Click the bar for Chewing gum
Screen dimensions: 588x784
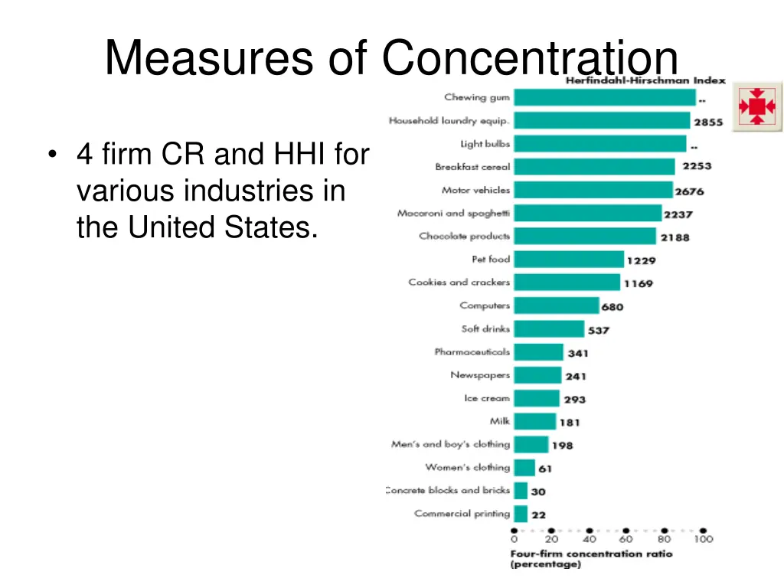pos(604,97)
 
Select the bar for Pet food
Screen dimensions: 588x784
pos(568,260)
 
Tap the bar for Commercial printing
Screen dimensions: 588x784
pos(521,514)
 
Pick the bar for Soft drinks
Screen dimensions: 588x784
pos(548,329)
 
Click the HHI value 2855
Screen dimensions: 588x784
pos(708,122)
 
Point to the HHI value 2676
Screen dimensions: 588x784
pos(689,191)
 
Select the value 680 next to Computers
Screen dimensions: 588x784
pos(612,307)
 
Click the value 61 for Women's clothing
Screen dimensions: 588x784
pos(544,469)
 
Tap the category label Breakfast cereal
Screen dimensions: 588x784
pos(472,167)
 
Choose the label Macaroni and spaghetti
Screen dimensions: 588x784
pos(453,214)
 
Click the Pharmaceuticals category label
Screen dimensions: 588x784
pos(472,352)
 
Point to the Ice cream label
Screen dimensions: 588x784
pos(486,398)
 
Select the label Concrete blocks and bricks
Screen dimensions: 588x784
pos(448,491)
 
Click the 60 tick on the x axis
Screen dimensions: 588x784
pos(627,538)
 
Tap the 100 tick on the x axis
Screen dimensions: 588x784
pos(703,538)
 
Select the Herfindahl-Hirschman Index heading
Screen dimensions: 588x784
pos(645,80)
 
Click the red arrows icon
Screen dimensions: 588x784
pos(757,106)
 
